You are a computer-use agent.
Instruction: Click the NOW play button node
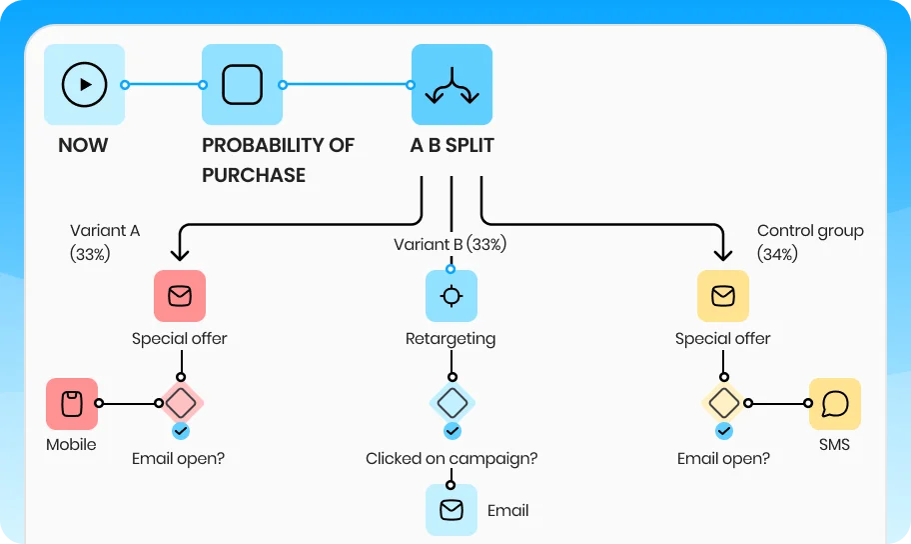[x=85, y=85]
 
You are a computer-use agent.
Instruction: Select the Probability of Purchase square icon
[x=242, y=85]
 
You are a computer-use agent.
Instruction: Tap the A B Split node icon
[x=452, y=85]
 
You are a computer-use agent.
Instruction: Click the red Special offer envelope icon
[x=180, y=296]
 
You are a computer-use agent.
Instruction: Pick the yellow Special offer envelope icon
[x=723, y=296]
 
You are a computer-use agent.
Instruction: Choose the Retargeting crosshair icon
[x=452, y=296]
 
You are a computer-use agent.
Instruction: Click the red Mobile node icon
[x=72, y=404]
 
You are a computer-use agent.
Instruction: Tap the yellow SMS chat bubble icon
[x=835, y=404]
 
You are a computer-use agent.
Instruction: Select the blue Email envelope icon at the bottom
[x=452, y=510]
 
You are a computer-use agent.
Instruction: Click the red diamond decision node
[x=180, y=404]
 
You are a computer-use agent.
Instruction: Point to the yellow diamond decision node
[x=723, y=404]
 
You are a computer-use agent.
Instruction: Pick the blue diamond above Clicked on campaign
[x=452, y=404]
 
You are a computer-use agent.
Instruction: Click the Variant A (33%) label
[x=105, y=242]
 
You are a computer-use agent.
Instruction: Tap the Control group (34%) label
[x=810, y=242]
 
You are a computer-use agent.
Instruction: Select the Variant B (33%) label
[x=450, y=245]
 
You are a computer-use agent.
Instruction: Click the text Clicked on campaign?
[x=452, y=459]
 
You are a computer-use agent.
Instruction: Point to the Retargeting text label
[x=451, y=339]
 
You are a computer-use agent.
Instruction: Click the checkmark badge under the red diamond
[x=180, y=431]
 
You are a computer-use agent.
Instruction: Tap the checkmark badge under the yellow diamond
[x=723, y=431]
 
